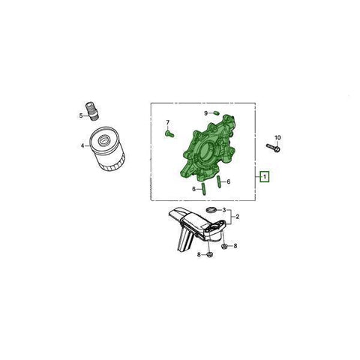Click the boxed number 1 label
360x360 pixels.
click(264, 177)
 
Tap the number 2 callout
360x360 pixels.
click(237, 217)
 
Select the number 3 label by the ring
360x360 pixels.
click(224, 210)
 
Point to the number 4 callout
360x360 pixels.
click(82, 145)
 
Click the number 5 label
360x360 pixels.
click(81, 115)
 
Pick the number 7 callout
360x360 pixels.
click(168, 122)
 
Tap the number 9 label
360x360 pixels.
click(206, 113)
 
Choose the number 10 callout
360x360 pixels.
click(277, 137)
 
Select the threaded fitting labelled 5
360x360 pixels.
click(92, 111)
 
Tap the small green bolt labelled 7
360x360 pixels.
click(169, 134)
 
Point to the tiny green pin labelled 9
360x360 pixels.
click(216, 113)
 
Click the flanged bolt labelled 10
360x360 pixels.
click(273, 148)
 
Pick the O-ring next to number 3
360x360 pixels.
click(211, 209)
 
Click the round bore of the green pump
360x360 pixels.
click(207, 151)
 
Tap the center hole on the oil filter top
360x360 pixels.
click(103, 139)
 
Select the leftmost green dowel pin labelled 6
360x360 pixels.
click(203, 189)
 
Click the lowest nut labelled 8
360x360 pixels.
click(209, 255)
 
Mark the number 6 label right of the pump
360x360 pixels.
click(229, 181)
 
